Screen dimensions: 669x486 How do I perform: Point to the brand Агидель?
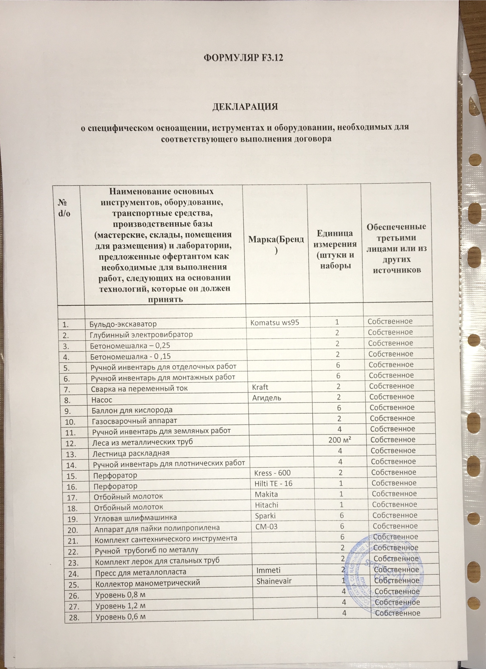(267, 398)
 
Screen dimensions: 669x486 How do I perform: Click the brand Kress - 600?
(272, 473)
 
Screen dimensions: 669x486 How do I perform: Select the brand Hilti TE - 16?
(273, 484)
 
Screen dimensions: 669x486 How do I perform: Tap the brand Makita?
(266, 494)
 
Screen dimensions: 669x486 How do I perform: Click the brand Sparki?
(265, 516)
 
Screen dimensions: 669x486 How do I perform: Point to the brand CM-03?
(266, 526)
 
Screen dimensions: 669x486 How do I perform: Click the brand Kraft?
(260, 387)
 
